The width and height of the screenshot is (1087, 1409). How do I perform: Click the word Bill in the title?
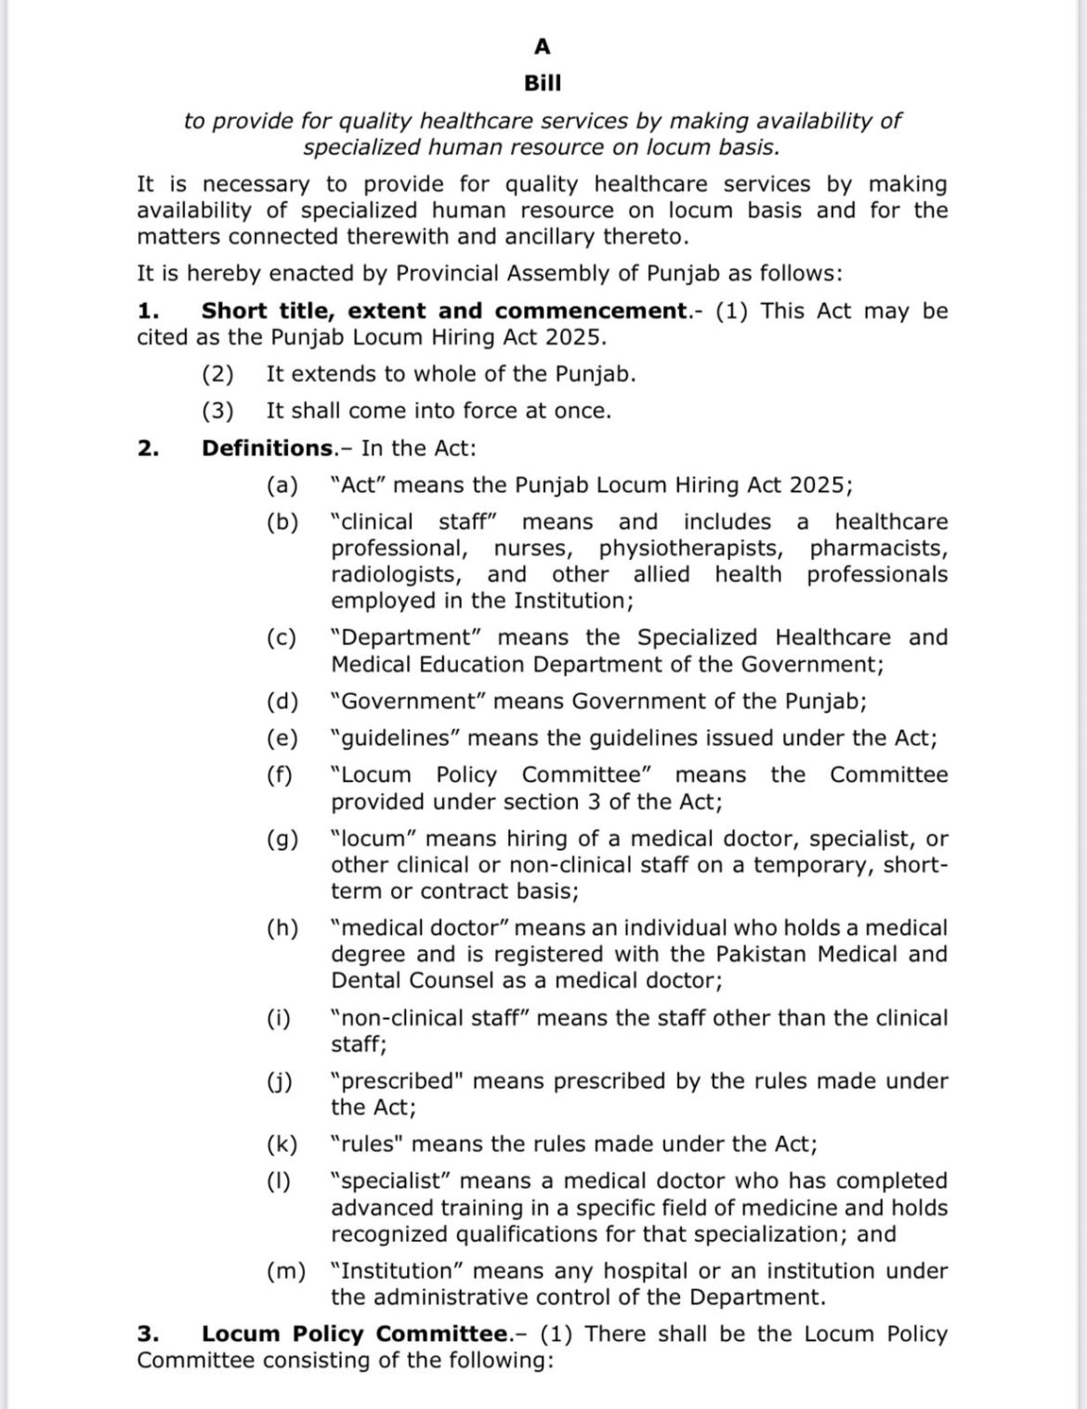point(543,84)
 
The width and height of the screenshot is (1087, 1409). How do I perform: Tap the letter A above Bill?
point(543,46)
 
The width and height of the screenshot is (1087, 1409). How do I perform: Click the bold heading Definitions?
point(268,449)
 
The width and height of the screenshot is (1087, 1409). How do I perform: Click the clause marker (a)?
point(282,486)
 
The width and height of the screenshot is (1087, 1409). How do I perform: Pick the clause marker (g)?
point(282,840)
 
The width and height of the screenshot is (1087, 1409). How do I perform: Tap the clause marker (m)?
point(285,1272)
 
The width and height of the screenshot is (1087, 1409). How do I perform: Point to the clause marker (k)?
point(282,1144)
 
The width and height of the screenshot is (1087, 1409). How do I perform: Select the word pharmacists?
point(878,549)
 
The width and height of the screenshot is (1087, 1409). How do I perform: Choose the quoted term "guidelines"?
point(394,738)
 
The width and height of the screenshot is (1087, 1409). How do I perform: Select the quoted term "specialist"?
point(390,1181)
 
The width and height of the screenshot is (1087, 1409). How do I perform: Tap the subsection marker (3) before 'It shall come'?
point(217,411)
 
